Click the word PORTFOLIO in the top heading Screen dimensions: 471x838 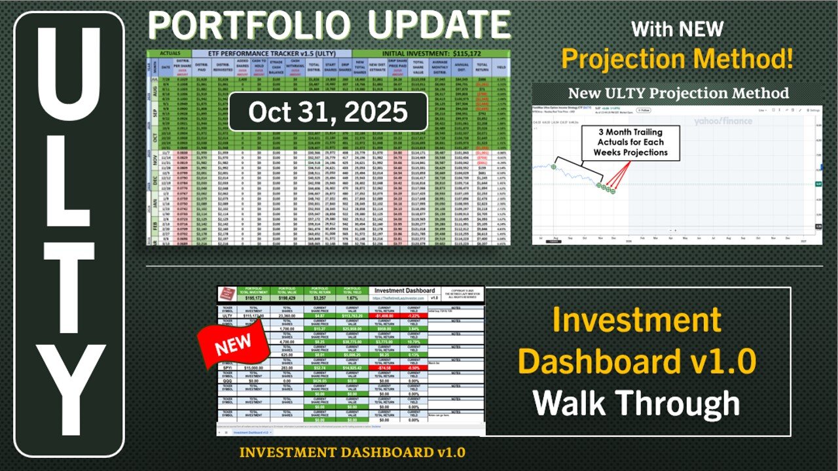click(252, 26)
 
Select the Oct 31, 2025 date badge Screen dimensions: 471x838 click(327, 112)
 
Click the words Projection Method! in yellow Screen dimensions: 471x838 click(678, 59)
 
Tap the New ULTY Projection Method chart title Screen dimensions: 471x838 click(678, 93)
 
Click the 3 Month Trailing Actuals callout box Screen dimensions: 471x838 click(630, 141)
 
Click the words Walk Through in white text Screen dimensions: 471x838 click(636, 401)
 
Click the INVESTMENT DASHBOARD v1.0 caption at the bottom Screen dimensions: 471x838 click(352, 452)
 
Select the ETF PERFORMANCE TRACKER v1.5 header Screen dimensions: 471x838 click(272, 54)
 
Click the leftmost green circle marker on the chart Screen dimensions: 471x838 click(554, 167)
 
